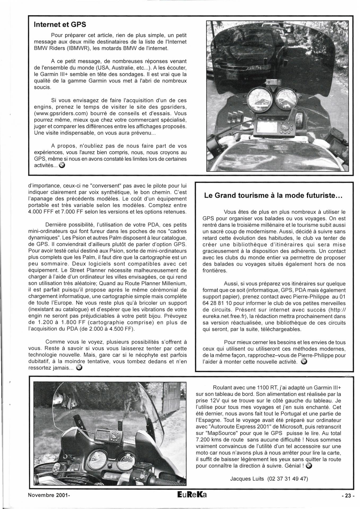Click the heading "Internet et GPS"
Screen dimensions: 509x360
point(60,24)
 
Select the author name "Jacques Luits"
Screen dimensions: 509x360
point(248,479)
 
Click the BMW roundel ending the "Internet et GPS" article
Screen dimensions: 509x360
point(62,165)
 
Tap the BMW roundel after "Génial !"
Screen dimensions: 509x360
point(309,466)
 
